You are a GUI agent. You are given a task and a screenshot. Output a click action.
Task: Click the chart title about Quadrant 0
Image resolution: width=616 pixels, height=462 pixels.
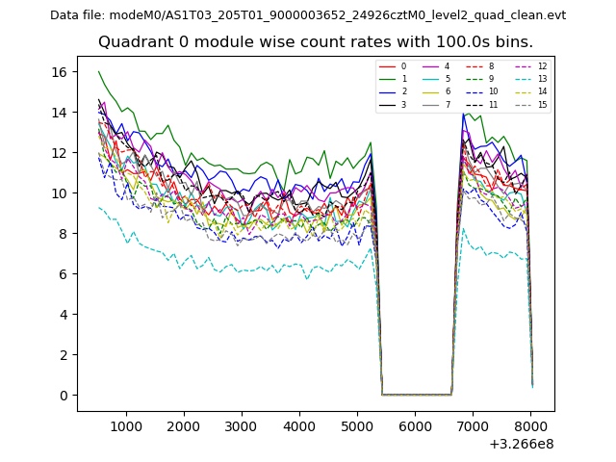(x=315, y=42)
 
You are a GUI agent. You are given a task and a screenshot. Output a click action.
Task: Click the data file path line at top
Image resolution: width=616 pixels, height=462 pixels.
(x=308, y=15)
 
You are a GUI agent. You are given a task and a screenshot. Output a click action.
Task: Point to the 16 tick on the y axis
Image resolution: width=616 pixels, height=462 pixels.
(x=58, y=72)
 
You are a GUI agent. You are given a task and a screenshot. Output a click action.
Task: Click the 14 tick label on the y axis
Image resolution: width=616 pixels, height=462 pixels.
(x=58, y=113)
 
